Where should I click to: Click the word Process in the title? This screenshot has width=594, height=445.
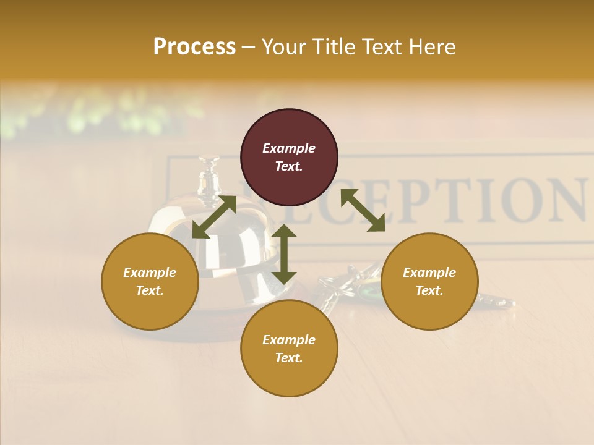pos(194,46)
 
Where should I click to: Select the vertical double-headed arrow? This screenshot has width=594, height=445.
pos(284,254)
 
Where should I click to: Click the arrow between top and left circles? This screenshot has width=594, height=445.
pos(214,216)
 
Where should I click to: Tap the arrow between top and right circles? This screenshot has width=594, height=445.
pos(363,210)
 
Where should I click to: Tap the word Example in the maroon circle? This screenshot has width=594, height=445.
pos(289,148)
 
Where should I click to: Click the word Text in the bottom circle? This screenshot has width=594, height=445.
pos(289,358)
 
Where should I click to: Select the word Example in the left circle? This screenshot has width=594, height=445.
pos(150,273)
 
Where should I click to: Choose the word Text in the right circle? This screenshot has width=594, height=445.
pos(429,290)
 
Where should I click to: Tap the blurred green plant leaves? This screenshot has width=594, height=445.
pos(93,111)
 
